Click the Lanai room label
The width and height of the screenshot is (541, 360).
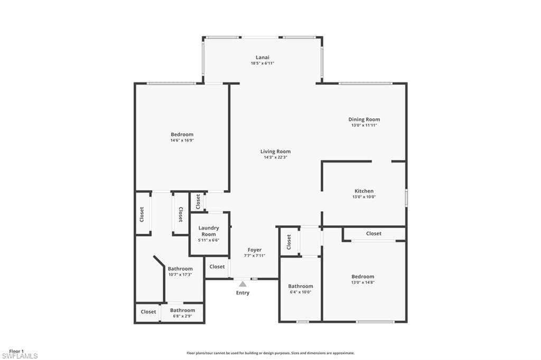point(263,57)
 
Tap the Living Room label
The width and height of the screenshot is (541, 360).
point(275,151)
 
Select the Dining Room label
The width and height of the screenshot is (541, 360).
point(364,119)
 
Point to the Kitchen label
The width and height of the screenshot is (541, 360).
point(364,191)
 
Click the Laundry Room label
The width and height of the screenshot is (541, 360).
point(209,231)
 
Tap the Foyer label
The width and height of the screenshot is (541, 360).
point(255,250)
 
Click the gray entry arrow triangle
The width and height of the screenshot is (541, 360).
point(242,284)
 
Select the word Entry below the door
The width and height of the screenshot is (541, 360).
point(242,293)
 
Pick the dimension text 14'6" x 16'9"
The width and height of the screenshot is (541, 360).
point(182,140)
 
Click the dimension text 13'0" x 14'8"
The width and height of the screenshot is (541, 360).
point(363,282)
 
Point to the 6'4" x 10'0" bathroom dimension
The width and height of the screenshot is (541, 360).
point(301,292)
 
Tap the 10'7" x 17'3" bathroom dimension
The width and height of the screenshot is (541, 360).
point(181,274)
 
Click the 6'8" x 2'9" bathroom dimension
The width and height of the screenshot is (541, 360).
point(182,316)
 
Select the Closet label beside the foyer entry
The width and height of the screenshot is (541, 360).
point(217,267)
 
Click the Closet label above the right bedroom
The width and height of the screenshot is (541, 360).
point(374,233)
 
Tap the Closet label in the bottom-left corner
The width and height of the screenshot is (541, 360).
point(148,311)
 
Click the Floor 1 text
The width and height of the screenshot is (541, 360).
point(16,351)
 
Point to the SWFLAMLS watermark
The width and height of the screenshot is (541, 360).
point(20,356)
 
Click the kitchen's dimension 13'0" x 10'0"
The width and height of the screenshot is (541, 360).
point(364,197)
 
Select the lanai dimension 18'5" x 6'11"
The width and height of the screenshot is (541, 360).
point(263,63)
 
